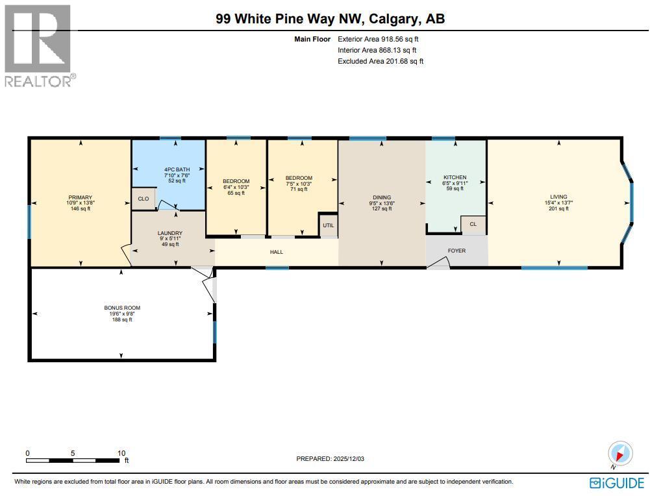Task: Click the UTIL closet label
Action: click(329, 225)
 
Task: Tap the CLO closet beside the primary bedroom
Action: click(143, 199)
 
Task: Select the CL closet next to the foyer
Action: click(473, 224)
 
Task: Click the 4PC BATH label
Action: click(177, 169)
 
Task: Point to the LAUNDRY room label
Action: click(170, 233)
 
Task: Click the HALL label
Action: click(277, 252)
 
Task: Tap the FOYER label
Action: click(456, 251)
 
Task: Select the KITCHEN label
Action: click(455, 177)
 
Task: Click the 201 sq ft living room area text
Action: click(558, 208)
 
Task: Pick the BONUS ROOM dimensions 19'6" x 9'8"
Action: click(122, 314)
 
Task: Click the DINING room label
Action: click(382, 197)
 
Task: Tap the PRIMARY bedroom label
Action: click(80, 197)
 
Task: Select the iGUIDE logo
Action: click(617, 483)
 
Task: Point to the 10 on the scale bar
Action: click(121, 453)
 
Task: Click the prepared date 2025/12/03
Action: click(349, 458)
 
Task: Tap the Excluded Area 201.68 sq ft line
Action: click(380, 61)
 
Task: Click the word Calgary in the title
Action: click(393, 19)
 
